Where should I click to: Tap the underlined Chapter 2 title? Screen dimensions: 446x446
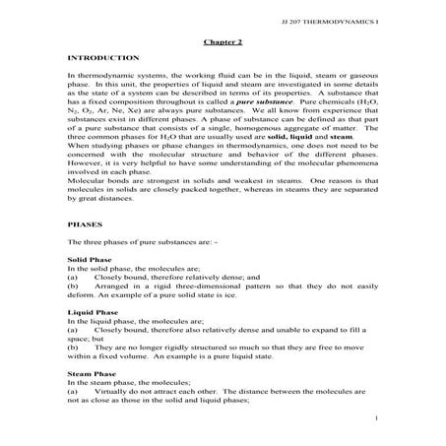223,42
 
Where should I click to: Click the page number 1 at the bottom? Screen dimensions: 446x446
377,417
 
